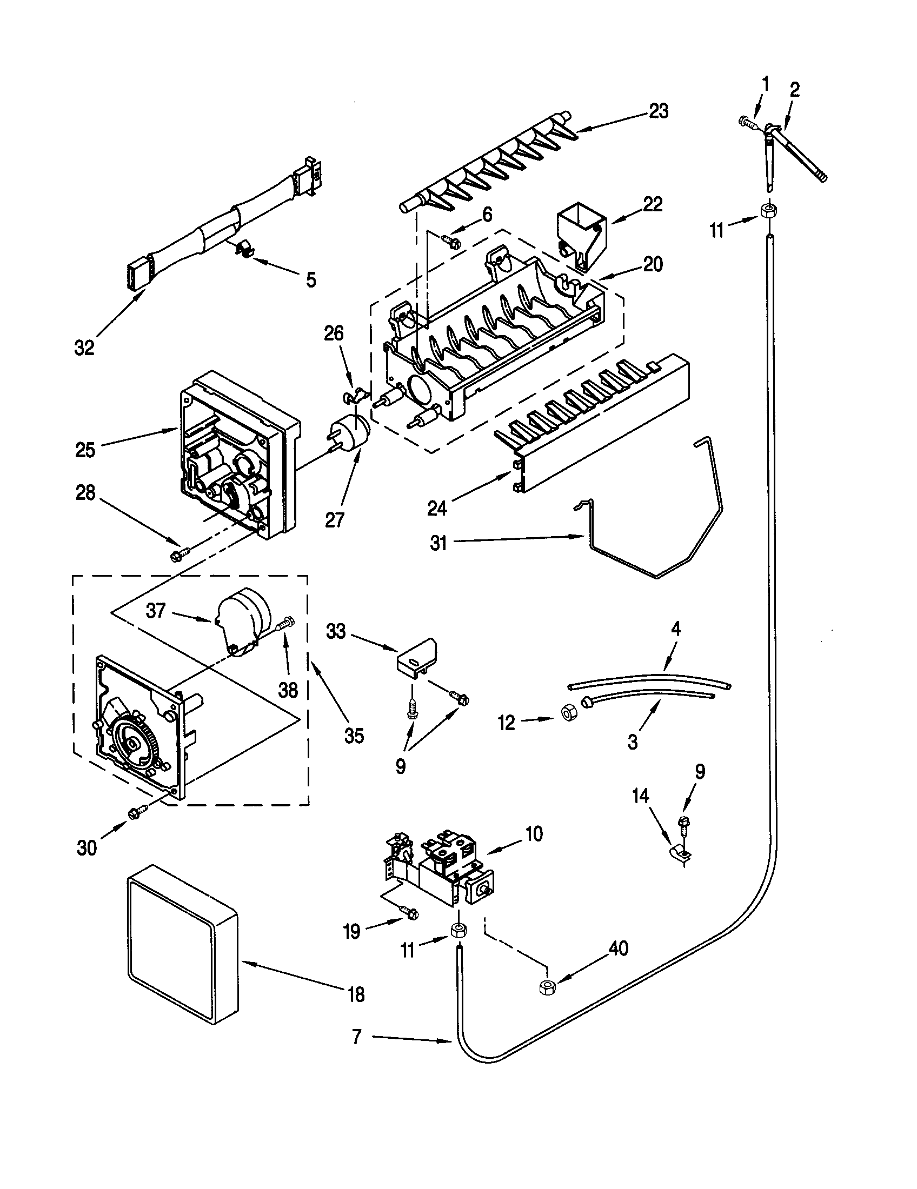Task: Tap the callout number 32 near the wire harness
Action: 84,348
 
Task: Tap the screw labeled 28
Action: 179,555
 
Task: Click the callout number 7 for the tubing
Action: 357,1037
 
